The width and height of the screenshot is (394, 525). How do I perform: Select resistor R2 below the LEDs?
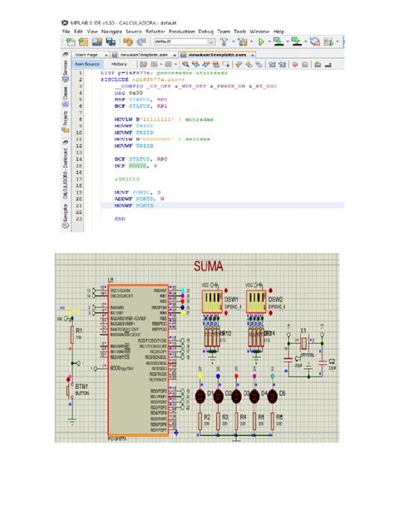pos(201,420)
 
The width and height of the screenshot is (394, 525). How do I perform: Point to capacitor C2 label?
pos(332,362)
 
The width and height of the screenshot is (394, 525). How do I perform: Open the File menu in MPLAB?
pos(67,30)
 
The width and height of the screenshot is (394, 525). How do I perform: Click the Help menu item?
pos(278,30)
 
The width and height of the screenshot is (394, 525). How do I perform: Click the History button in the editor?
pos(119,63)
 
